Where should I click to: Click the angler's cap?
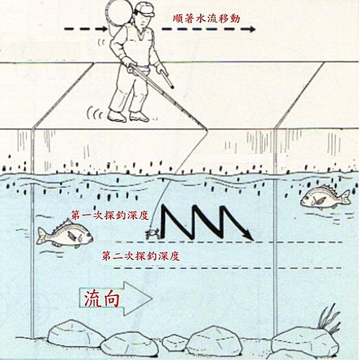pyautogui.click(x=145, y=9)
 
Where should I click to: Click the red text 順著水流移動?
pyautogui.click(x=207, y=19)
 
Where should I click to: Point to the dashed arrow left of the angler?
pyautogui.click(x=86, y=29)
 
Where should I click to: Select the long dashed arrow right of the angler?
pyautogui.click(x=208, y=29)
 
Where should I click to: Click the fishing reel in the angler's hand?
pyautogui.click(x=132, y=69)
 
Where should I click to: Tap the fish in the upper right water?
pyautogui.click(x=325, y=197)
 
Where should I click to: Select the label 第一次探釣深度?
pyautogui.click(x=110, y=215)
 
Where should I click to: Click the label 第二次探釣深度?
pyautogui.click(x=141, y=256)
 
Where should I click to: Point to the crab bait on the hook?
pyautogui.click(x=152, y=233)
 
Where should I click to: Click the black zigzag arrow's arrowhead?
pyautogui.click(x=248, y=235)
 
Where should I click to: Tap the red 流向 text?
pyautogui.click(x=102, y=299)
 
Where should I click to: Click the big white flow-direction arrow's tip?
pyautogui.click(x=152, y=299)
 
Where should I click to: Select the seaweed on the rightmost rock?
pyautogui.click(x=330, y=319)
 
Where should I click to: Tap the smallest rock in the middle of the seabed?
pyautogui.click(x=175, y=342)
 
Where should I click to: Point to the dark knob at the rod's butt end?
pyautogui.click(x=171, y=86)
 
